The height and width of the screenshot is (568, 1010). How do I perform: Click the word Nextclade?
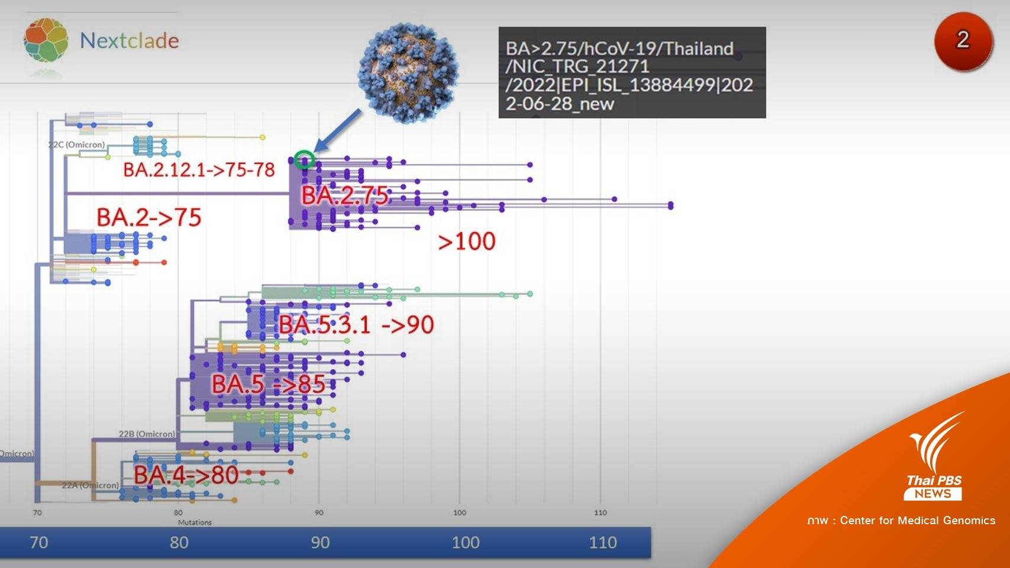point(129,41)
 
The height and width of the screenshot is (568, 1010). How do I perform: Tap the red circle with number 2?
point(963,41)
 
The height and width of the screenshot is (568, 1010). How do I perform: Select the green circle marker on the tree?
point(304,159)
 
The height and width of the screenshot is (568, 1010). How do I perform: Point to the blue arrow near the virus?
point(337,131)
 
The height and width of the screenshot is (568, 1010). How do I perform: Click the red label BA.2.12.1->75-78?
point(199,170)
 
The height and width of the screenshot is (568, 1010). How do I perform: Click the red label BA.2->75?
point(149,218)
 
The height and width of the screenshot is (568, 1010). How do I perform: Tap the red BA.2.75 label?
point(345,196)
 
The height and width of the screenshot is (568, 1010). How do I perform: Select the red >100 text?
point(466,241)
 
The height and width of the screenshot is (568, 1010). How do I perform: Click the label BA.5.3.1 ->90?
point(356,325)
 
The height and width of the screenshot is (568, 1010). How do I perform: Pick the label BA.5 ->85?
point(268,385)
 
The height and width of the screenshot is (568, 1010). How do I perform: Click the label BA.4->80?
point(186,475)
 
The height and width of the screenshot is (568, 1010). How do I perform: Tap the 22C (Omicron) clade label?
point(76,144)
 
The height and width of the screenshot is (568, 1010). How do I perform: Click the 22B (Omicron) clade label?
point(147,434)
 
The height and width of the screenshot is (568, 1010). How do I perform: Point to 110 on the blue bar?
point(602,542)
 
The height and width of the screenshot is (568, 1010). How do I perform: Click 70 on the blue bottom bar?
point(38,542)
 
